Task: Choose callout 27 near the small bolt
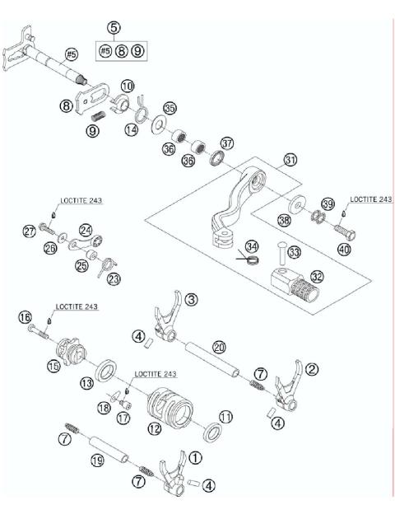29,231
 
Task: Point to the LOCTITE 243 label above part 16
78,306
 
